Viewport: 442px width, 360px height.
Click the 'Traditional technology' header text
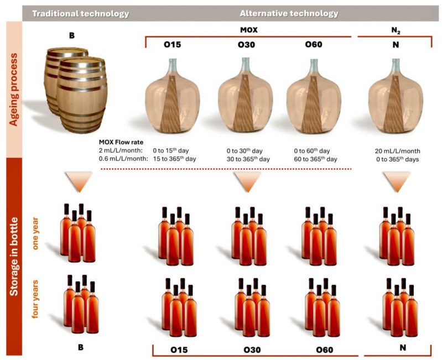(81, 13)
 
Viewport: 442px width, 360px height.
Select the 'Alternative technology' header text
(289, 13)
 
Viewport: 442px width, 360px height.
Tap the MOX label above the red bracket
(248, 30)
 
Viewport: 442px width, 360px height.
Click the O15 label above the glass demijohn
(172, 44)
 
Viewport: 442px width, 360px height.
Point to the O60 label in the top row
(314, 44)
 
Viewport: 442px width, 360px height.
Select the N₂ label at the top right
(396, 31)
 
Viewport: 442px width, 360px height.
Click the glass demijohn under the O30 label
(245, 95)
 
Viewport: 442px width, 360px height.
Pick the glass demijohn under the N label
(396, 96)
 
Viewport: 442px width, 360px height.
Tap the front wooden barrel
(82, 95)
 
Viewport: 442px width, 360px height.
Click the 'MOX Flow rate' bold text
(121, 142)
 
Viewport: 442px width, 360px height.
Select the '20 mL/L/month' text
(397, 151)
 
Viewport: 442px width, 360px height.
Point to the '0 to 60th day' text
(312, 151)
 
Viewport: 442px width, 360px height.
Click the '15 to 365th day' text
(174, 159)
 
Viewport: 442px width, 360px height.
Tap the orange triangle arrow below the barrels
(79, 181)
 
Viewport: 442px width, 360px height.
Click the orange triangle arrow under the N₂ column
(397, 181)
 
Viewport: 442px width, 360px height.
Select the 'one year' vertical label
(35, 233)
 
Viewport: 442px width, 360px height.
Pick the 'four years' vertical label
(35, 299)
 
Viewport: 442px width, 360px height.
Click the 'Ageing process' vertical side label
(13, 90)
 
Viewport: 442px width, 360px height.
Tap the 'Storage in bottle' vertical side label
(13, 257)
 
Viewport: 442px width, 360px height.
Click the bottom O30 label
(252, 350)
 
